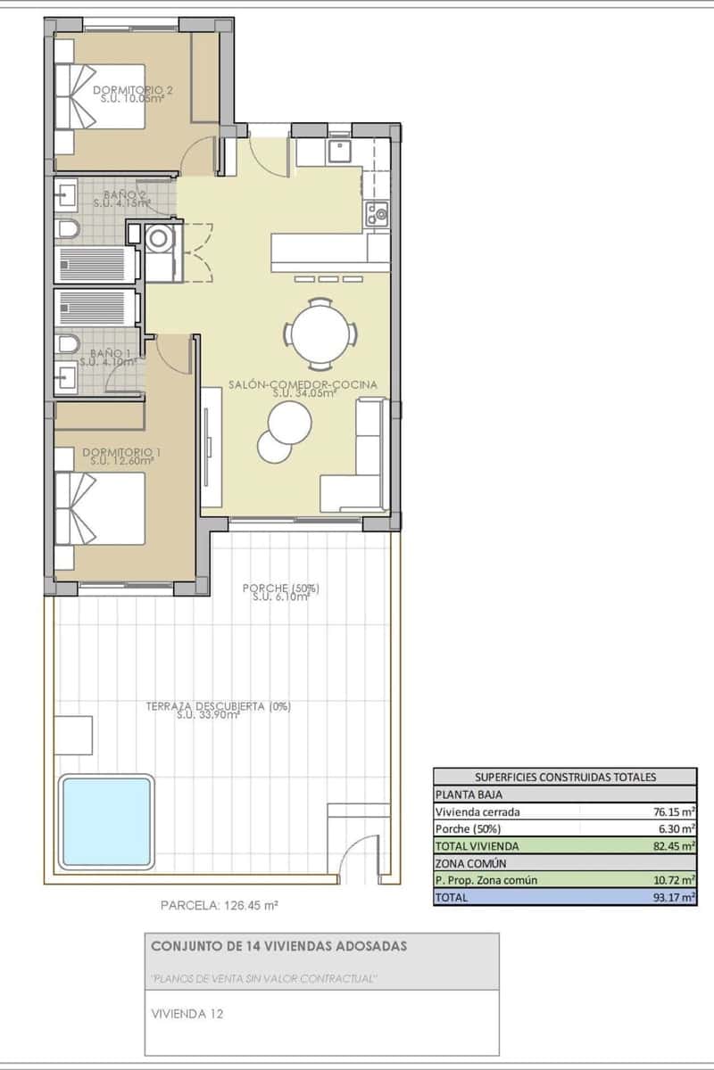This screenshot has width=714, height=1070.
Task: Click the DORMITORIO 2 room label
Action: tap(133, 90)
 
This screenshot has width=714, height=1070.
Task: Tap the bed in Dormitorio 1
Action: tap(100, 508)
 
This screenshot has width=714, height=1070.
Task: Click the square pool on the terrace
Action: tap(106, 822)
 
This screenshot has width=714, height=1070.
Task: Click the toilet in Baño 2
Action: tap(67, 231)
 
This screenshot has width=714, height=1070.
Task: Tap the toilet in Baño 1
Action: tap(67, 344)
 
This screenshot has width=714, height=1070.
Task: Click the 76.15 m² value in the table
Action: tap(674, 811)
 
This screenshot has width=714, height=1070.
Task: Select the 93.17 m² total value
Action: tap(674, 898)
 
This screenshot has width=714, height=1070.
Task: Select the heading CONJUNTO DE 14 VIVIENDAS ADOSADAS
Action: tap(278, 946)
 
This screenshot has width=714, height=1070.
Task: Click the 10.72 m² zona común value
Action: tap(674, 880)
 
